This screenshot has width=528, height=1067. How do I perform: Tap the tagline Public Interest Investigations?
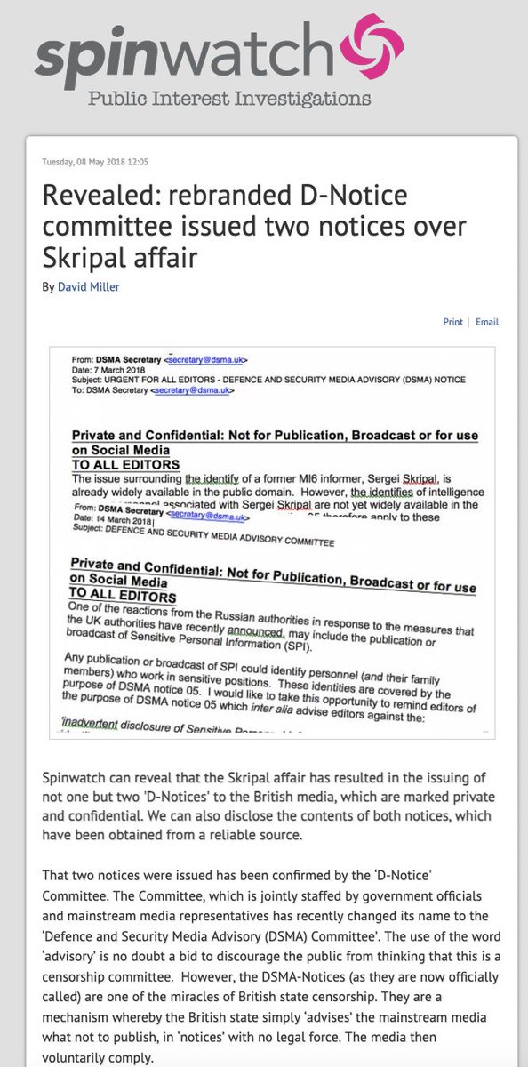click(228, 98)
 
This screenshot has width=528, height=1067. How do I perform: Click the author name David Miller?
click(88, 286)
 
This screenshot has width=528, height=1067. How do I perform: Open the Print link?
click(453, 322)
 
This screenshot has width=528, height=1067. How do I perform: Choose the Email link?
click(487, 322)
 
